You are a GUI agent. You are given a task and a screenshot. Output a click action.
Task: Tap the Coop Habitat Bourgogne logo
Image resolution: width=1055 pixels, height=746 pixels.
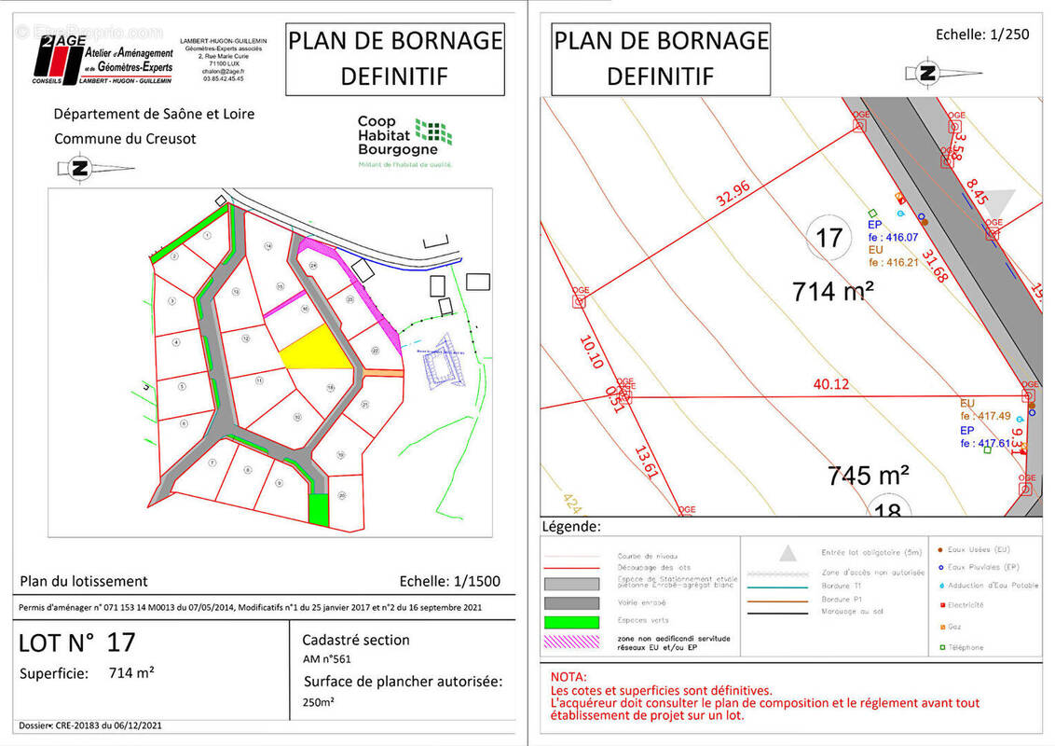[x=404, y=140]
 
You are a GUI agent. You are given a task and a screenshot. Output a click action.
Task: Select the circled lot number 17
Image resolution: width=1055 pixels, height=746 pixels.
[x=829, y=238]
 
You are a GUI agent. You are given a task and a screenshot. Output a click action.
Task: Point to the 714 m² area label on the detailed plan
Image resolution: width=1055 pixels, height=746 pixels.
[x=833, y=291]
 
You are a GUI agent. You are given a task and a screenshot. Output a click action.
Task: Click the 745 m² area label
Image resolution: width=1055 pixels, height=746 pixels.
[x=869, y=476]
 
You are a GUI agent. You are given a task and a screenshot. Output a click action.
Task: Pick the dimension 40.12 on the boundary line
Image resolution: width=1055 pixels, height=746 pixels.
[x=830, y=383]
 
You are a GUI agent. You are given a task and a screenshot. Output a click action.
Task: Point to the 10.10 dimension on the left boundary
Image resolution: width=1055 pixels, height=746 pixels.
[x=591, y=352]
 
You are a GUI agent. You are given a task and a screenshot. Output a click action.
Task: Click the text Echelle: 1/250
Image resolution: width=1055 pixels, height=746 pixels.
[x=982, y=35]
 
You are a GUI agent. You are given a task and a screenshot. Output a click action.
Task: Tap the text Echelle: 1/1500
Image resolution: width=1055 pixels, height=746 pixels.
[x=449, y=581]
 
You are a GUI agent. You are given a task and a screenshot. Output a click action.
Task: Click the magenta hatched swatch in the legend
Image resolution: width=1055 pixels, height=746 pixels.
[x=570, y=642]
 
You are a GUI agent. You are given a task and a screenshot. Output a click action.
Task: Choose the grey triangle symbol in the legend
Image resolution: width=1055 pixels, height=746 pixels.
[x=788, y=553]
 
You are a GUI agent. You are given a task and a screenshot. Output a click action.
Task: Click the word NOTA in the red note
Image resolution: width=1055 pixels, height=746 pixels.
[x=569, y=676]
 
